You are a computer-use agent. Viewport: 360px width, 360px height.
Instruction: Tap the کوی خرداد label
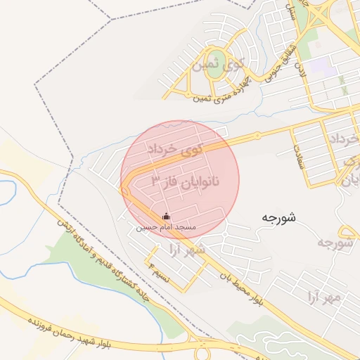click(174, 149)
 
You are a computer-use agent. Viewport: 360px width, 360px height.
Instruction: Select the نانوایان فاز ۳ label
click(186, 181)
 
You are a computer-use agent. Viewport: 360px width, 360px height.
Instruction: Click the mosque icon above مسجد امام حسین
click(166, 216)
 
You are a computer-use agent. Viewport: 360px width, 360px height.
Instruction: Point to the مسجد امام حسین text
click(166, 228)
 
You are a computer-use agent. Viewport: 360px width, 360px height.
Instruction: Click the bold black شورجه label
click(278, 217)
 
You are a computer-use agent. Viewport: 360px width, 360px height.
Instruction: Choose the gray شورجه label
click(335, 243)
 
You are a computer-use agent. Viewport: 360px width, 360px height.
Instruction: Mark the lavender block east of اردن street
click(320, 67)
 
